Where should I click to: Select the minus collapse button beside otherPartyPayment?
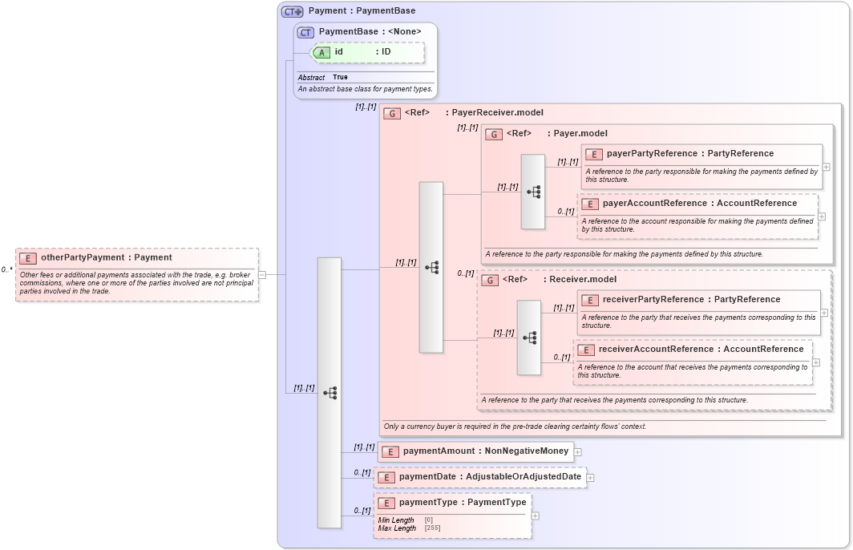tap(262, 274)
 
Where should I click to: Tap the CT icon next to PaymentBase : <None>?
tap(305, 32)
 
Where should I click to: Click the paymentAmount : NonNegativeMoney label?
tap(485, 451)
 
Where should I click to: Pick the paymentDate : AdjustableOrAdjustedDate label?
tap(488, 477)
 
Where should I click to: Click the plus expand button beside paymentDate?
tap(590, 478)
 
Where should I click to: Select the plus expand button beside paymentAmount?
tap(577, 452)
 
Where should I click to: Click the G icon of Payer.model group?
tap(495, 134)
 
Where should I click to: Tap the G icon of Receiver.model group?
tap(490, 280)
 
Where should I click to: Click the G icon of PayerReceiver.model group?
tap(392, 113)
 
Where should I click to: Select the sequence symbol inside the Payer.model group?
tap(533, 192)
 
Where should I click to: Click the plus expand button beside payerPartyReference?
tap(827, 167)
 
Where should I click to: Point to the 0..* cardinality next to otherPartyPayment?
tap(7, 270)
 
